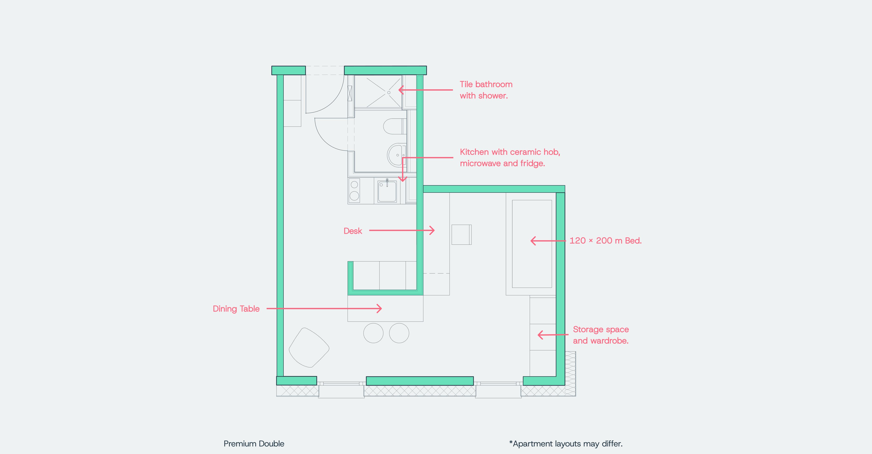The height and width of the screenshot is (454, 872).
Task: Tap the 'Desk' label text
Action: tap(353, 231)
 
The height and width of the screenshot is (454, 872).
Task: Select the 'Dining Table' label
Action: tap(236, 309)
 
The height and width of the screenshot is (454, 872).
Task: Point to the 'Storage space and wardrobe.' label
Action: tap(601, 335)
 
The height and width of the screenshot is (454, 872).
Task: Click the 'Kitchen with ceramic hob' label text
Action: tap(510, 152)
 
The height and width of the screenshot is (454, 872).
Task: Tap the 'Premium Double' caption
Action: tap(254, 443)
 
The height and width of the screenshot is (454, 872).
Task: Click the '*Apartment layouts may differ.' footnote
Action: tap(566, 443)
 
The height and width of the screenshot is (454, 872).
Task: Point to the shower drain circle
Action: tap(389, 92)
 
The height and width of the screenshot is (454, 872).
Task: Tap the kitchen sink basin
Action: tap(387, 191)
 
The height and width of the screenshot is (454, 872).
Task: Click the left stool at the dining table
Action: tap(373, 333)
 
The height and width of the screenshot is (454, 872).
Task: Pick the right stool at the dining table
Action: tap(399, 333)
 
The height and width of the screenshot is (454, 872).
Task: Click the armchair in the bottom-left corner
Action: tap(309, 347)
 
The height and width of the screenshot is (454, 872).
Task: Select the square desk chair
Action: tap(461, 234)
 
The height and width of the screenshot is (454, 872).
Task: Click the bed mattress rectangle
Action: tap(532, 244)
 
